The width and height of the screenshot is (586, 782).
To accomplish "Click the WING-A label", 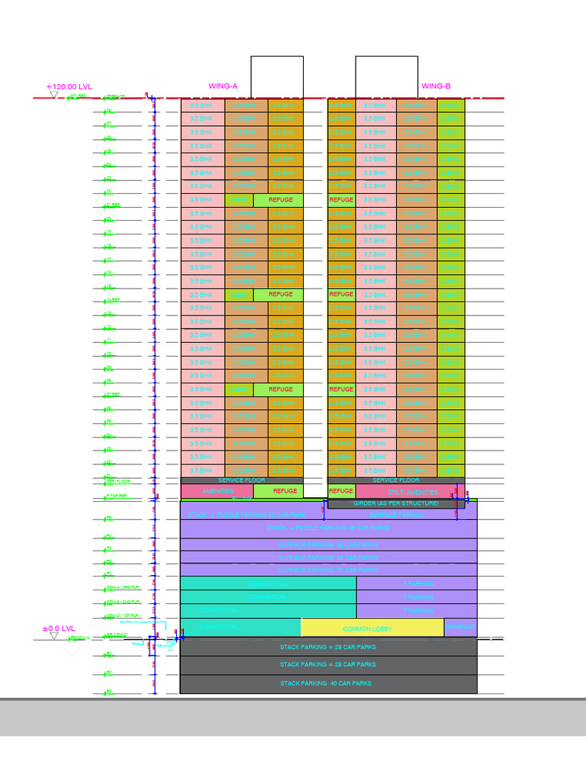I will tap(223, 86).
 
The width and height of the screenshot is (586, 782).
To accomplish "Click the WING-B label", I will tap(436, 86).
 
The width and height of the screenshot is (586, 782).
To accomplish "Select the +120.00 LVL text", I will tap(69, 87).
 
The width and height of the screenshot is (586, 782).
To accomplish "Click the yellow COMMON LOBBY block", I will tap(372, 628).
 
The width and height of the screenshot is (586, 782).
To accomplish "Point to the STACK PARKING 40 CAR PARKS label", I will tap(326, 683).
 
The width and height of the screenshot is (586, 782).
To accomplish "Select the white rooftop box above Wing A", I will tap(277, 76).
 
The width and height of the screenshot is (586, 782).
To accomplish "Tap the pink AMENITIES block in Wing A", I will tap(216, 491).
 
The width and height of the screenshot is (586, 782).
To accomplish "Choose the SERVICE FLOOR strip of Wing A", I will tap(241, 480).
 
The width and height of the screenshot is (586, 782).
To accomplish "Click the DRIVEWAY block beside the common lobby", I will tap(460, 627).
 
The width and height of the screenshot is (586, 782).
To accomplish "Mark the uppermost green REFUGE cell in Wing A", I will tap(279, 199).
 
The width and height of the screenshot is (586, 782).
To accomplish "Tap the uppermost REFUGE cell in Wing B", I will tap(341, 199).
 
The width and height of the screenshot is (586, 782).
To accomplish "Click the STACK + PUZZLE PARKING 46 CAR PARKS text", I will tap(328, 528).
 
